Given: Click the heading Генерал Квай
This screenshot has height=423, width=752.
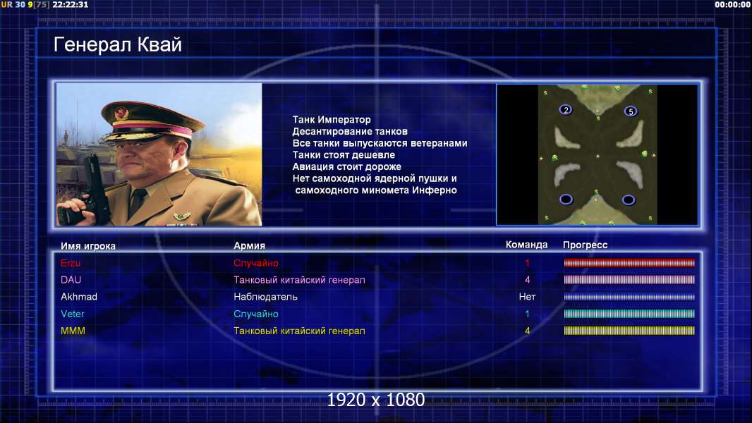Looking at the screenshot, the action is click(118, 44).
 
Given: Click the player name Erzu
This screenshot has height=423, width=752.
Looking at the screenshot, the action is click(71, 263).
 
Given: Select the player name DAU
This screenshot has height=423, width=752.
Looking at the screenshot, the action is click(71, 280).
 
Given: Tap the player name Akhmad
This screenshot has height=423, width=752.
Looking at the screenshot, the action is click(79, 297).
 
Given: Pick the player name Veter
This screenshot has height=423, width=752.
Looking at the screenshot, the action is click(73, 314).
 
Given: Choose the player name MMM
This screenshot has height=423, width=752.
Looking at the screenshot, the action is click(73, 331).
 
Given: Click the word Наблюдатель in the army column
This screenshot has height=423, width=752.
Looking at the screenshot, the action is click(265, 297).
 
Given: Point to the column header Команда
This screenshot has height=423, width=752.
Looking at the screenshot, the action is click(526, 245).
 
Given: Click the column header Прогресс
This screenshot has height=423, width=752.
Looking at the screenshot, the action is click(585, 245).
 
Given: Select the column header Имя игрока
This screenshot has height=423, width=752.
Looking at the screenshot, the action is click(87, 246).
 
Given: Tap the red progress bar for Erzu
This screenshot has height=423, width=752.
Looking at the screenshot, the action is click(629, 262).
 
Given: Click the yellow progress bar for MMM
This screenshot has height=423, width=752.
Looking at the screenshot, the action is click(629, 331).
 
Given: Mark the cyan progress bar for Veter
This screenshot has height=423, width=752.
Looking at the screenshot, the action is click(629, 314).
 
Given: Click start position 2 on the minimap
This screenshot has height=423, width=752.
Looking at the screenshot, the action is click(566, 110).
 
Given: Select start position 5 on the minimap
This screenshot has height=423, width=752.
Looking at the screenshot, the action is click(631, 111).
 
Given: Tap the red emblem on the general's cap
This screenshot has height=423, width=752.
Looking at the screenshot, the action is click(121, 113).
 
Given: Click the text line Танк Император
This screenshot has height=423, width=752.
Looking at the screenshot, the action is click(332, 120).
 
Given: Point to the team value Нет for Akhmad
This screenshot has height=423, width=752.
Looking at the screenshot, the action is click(527, 297).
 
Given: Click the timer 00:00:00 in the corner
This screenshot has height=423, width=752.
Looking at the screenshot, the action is click(732, 5).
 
